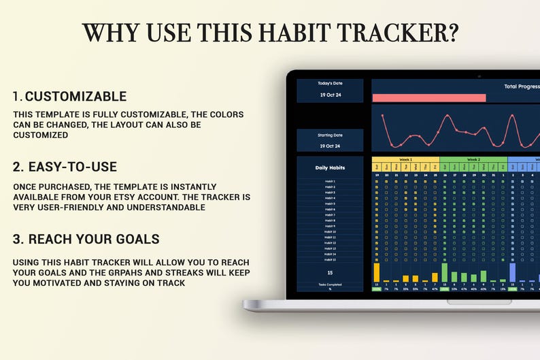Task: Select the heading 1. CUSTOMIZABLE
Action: click(69, 97)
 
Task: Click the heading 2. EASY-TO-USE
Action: click(65, 167)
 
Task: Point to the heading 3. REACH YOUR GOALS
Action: click(86, 239)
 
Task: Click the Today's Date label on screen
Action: click(330, 84)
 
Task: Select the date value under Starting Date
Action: click(330, 146)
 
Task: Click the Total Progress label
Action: click(521, 86)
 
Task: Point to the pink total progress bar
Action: click(428, 98)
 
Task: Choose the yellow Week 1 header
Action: click(405, 160)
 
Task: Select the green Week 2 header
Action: click(473, 160)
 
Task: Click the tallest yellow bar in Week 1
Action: click(376, 272)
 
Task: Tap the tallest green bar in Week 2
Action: click(445, 272)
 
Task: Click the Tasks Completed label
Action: click(330, 284)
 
